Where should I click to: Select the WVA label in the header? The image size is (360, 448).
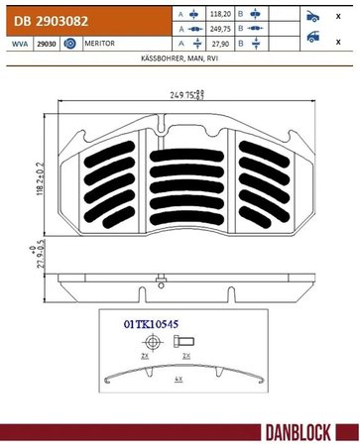click(20, 44)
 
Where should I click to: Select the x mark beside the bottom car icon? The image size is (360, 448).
click(338, 43)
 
